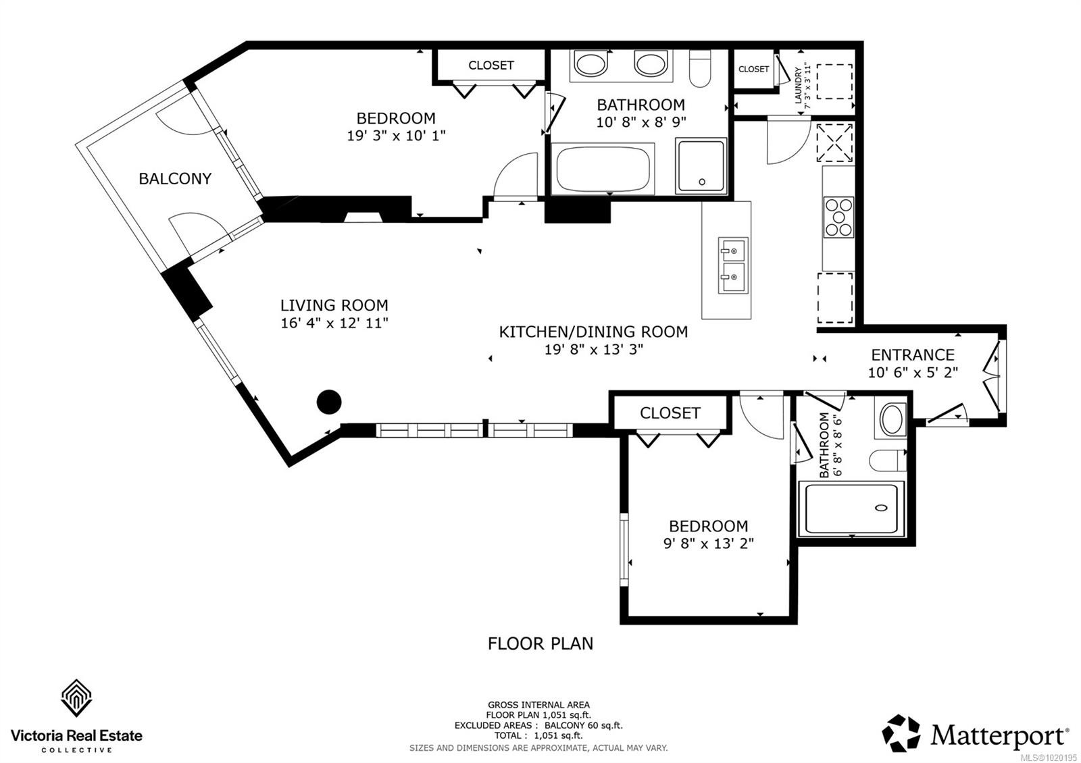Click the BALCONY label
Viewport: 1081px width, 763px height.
(x=175, y=179)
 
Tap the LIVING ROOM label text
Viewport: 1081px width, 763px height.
(x=334, y=305)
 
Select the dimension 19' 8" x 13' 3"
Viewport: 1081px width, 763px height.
(x=593, y=350)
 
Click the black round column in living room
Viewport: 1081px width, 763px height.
(x=329, y=402)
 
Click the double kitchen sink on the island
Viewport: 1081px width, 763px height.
(x=732, y=265)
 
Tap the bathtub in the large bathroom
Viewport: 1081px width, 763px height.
(x=603, y=169)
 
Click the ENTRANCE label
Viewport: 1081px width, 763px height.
(x=912, y=355)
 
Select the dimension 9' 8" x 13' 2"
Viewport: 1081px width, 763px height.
(x=708, y=544)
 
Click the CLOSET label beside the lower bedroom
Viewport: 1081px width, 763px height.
(x=670, y=413)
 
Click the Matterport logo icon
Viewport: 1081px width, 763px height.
(x=901, y=733)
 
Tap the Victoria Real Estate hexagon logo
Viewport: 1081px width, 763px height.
(x=76, y=698)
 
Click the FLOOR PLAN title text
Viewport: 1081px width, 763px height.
(x=540, y=643)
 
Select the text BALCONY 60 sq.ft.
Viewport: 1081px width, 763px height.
(x=584, y=726)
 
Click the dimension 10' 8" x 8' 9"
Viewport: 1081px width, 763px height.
(x=640, y=123)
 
